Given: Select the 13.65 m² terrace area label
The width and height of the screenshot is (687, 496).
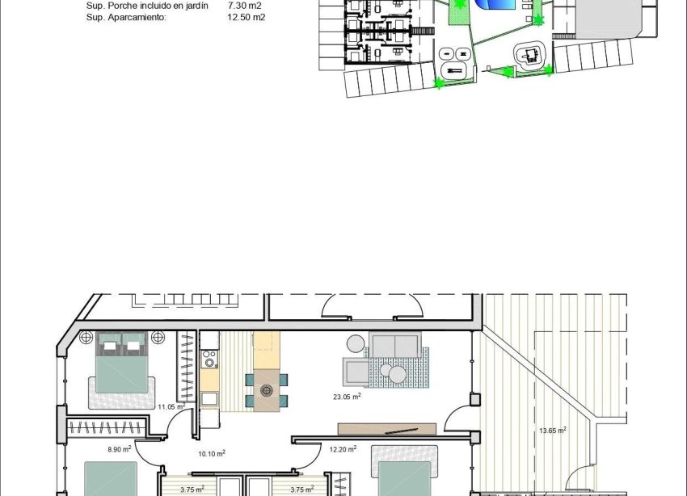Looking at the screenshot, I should (552, 431).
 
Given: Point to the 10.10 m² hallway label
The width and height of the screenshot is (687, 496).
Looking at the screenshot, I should (212, 454).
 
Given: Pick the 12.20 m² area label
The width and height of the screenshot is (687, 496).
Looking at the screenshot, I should (343, 449).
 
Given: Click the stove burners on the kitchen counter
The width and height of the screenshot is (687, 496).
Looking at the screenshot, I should (209, 355).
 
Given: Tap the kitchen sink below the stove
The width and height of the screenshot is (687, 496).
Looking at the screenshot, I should (209, 397).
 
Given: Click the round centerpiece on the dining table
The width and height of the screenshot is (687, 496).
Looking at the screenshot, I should (267, 390).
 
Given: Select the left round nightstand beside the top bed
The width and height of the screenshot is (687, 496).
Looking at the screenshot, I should (86, 338).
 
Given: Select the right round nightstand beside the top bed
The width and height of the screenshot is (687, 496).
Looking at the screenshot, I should (158, 338).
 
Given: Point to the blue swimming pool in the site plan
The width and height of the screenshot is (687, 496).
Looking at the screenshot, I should (494, 5).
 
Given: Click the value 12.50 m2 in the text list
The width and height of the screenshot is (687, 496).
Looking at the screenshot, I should (246, 17).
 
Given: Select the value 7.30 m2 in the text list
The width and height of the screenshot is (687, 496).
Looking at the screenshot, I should (244, 5).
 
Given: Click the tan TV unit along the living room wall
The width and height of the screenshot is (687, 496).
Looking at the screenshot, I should (387, 429).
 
